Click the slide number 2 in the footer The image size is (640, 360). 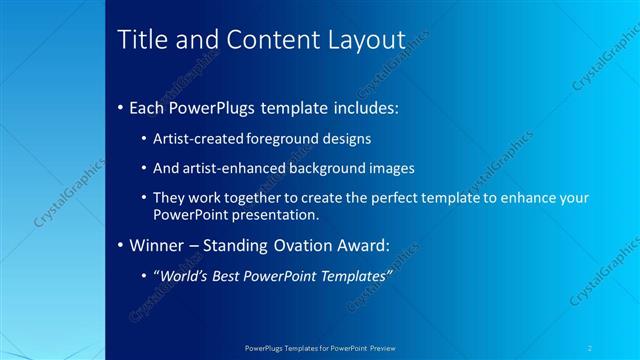point(590,348)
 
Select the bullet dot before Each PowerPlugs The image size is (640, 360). point(121,106)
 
